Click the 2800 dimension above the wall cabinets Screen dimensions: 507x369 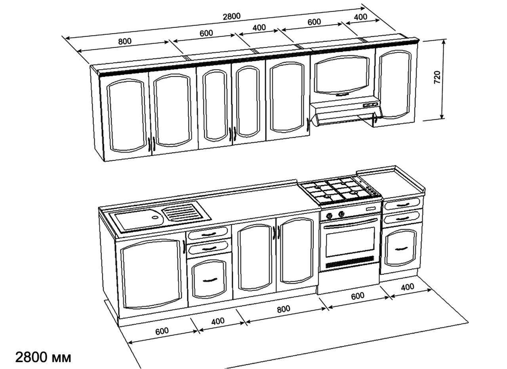(x=232, y=16)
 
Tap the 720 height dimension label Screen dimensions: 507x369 (x=437, y=77)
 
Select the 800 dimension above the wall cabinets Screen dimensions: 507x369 (x=125, y=41)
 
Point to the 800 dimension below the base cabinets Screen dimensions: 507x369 (x=283, y=309)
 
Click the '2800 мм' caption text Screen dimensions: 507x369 (x=43, y=358)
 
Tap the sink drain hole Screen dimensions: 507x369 (x=155, y=217)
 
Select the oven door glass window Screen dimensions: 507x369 (x=350, y=242)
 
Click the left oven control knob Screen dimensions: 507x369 (x=330, y=216)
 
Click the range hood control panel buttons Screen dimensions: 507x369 (x=370, y=105)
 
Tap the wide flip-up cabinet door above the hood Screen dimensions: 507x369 (x=342, y=75)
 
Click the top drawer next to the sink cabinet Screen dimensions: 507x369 (x=208, y=233)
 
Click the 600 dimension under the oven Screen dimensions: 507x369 (x=358, y=296)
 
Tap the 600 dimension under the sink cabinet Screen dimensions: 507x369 (x=162, y=331)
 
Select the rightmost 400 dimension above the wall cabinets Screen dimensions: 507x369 (x=360, y=17)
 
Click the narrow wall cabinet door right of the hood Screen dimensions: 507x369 (x=396, y=85)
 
